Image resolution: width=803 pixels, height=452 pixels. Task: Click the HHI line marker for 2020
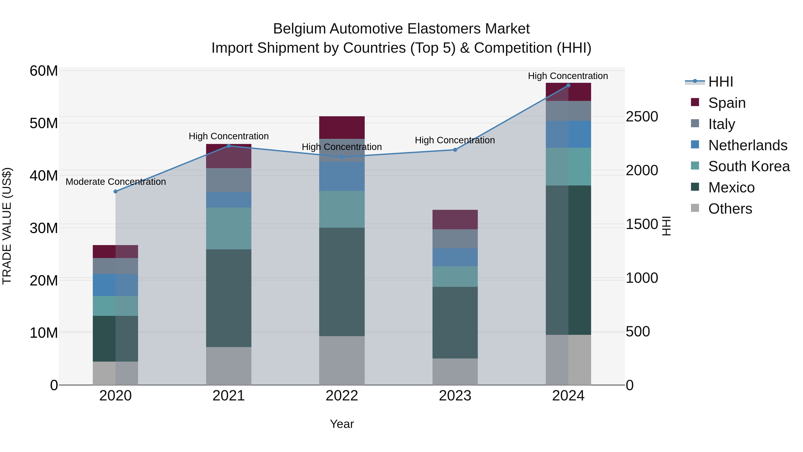[x=115, y=192]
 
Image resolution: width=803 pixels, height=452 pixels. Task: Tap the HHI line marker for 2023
[x=455, y=150]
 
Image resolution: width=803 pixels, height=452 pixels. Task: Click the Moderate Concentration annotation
[x=116, y=181]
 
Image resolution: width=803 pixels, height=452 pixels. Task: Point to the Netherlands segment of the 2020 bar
[x=115, y=285]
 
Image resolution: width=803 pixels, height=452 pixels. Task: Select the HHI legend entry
[x=720, y=82]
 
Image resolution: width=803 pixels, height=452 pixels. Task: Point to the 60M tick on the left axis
[x=44, y=71]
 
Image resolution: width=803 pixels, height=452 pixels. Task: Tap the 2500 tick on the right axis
[x=642, y=117]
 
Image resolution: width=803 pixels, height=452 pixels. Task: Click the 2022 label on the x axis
[x=342, y=396]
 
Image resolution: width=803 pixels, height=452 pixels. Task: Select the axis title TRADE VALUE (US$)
[x=7, y=226]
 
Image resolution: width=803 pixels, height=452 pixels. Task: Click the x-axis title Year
[x=342, y=424]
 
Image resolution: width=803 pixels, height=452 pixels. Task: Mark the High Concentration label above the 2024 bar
[x=568, y=76]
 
